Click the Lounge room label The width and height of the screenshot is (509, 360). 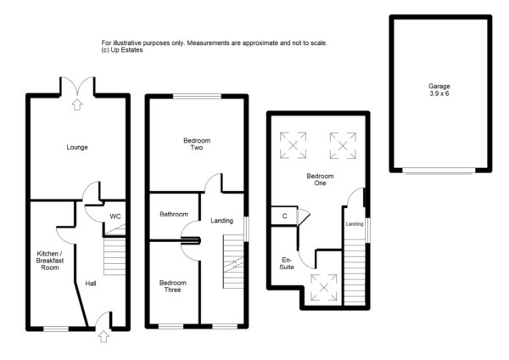pos(77,148)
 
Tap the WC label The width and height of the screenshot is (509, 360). pos(115,217)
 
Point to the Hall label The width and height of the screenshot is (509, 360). pos(91,284)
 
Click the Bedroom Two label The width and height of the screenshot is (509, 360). pos(197,144)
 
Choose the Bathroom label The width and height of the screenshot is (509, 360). pos(174,215)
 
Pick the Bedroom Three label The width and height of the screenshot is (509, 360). pos(173,286)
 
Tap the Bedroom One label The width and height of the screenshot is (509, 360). pos(321,180)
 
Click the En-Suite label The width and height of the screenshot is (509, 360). pos(288,263)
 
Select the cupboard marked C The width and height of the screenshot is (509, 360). pos(285,217)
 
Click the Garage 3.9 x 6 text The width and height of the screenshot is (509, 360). pos(439,89)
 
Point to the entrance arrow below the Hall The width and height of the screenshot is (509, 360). pos(103,336)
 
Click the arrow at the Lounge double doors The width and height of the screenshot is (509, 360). pos(77,105)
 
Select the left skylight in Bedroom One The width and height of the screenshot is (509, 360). pos(296,145)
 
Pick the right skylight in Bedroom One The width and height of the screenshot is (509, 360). pos(343,145)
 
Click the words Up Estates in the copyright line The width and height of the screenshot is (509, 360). pos(126,50)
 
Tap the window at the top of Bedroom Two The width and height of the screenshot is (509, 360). pos(197,96)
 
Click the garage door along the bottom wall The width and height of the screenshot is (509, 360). pos(439,172)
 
